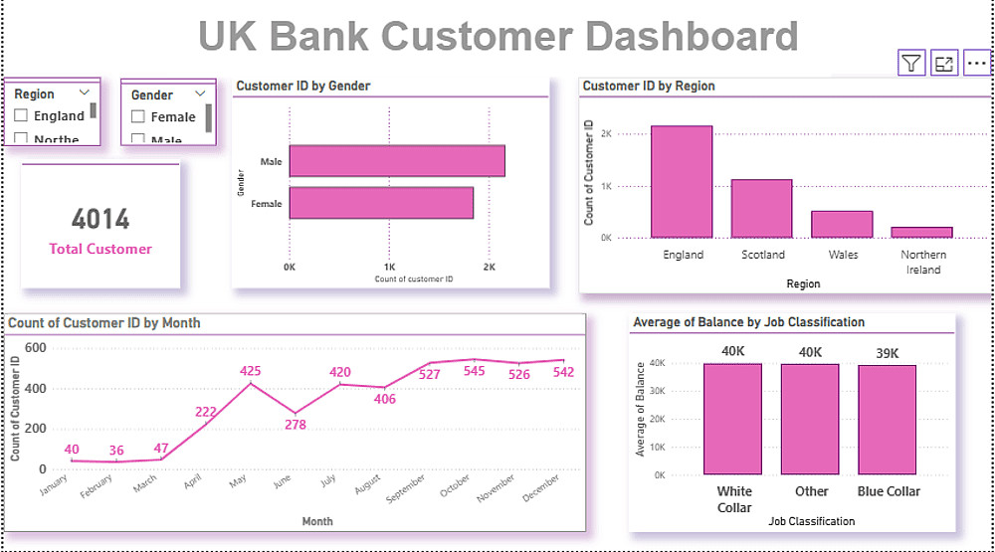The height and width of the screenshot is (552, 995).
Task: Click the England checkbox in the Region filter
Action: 21,116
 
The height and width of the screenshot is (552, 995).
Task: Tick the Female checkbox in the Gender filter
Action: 138,117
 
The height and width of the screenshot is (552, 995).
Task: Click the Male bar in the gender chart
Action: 397,161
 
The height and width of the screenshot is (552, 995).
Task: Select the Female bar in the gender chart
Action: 381,203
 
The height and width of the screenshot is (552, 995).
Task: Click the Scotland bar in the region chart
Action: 761,209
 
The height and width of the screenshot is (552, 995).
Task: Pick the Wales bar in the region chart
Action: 842,224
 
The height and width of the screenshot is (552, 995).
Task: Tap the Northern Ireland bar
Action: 921,232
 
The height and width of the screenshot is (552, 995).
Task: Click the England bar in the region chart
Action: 682,182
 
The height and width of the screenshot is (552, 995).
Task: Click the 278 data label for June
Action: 296,425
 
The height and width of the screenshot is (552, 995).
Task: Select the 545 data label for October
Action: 475,371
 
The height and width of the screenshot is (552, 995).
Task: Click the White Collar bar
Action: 734,419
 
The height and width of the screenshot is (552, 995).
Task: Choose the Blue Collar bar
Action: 889,420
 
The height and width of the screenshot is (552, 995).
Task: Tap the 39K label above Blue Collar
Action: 888,353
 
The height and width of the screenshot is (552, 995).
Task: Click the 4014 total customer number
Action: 100,220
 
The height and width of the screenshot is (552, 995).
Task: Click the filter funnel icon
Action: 911,64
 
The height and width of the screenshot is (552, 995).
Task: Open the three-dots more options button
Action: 977,64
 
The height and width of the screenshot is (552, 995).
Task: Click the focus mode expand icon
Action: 944,64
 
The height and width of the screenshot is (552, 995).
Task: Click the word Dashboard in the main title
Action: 690,36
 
